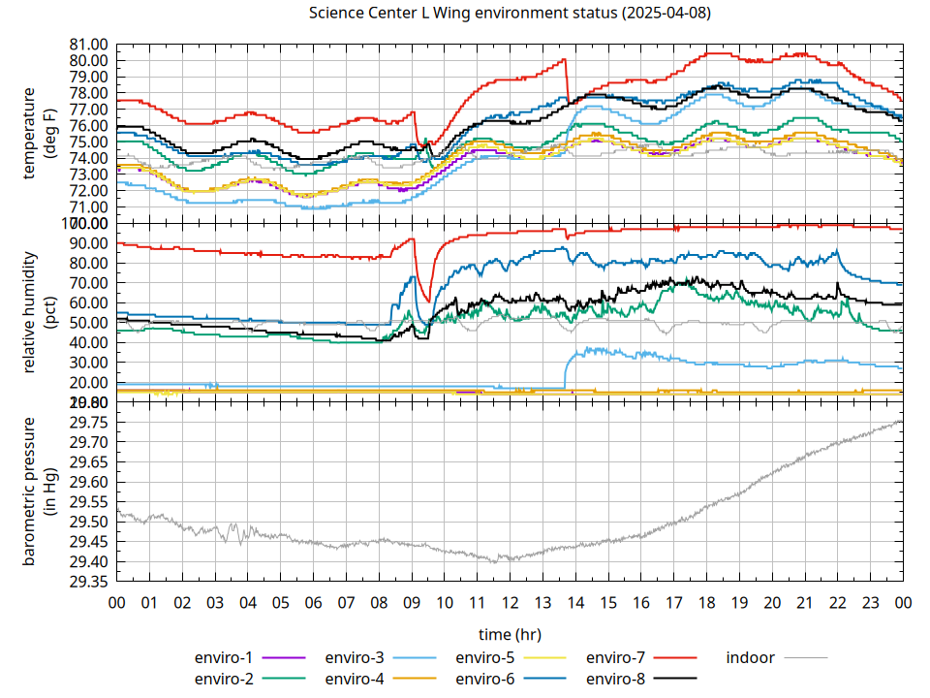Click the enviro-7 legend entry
pyautogui.click(x=616, y=657)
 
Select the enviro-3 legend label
pyautogui.click(x=355, y=657)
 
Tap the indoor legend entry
pyautogui.click(x=751, y=657)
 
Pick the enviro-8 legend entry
pyautogui.click(x=616, y=679)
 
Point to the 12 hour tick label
pyautogui.click(x=510, y=603)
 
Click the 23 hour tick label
pyautogui.click(x=870, y=603)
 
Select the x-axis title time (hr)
pyautogui.click(x=510, y=634)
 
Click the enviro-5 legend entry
pyautogui.click(x=485, y=657)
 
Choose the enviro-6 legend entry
pyautogui.click(x=485, y=679)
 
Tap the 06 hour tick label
pyautogui.click(x=313, y=603)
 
